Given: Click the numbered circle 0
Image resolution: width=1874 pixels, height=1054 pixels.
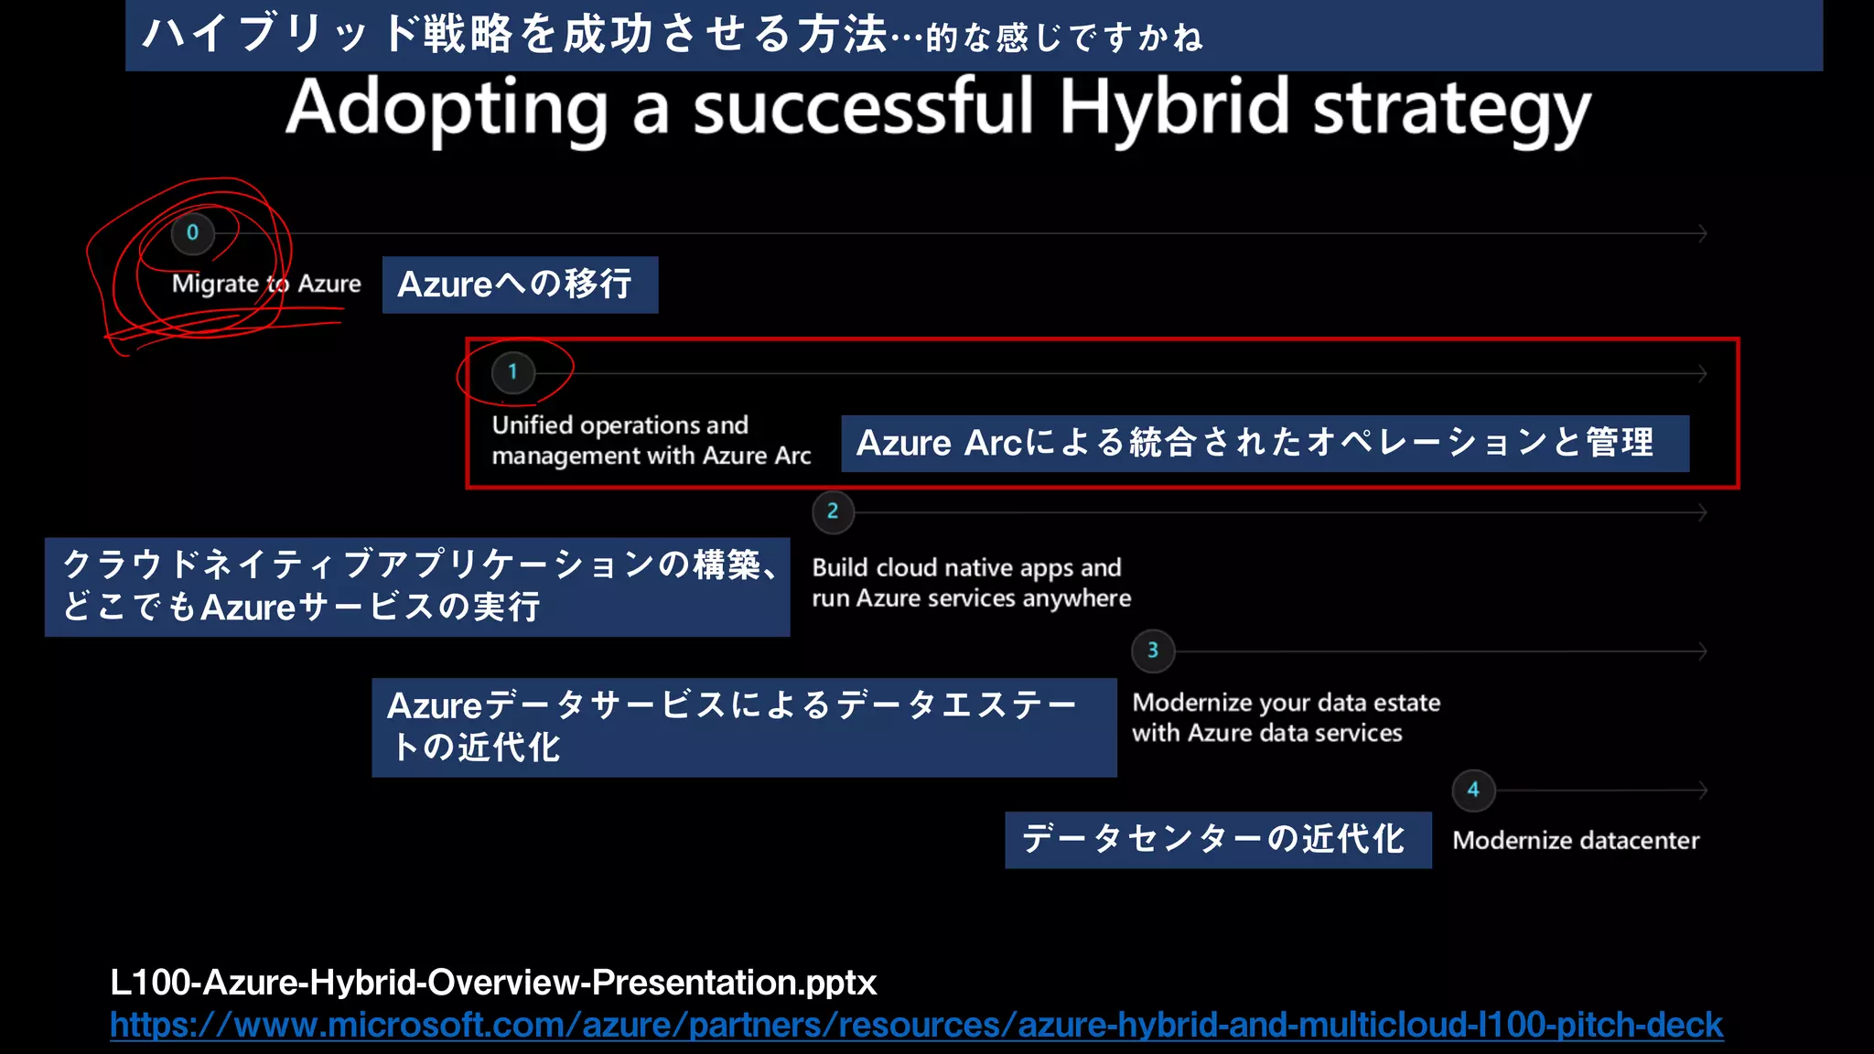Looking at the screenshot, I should click(x=192, y=232).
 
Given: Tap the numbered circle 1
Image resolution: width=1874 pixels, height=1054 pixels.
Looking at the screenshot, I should click(x=512, y=372).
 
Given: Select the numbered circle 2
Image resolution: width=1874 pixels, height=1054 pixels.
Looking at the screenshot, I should click(x=833, y=511).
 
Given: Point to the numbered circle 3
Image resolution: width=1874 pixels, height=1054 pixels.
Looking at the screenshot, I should click(x=1153, y=651).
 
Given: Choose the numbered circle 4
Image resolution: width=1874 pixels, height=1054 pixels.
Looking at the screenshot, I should click(x=1473, y=790).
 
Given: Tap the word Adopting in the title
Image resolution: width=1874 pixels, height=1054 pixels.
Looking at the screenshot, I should click(x=447, y=108).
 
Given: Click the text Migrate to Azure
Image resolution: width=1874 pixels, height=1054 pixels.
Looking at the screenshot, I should click(x=266, y=284).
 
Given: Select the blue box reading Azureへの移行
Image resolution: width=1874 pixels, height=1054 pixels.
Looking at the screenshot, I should click(x=519, y=285).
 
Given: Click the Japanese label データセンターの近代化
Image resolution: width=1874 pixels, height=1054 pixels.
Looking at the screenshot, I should click(x=1217, y=839).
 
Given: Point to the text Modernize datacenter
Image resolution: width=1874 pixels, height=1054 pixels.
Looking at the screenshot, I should click(x=1575, y=840).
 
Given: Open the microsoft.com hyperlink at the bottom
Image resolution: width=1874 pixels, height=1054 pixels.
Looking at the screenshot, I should click(x=915, y=1025).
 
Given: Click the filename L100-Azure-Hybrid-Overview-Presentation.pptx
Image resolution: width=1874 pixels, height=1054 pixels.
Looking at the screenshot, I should click(x=493, y=982).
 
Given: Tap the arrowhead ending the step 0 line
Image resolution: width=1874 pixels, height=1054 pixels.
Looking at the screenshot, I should click(x=1703, y=233).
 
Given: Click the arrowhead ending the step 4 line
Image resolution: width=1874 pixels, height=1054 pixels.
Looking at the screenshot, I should click(x=1703, y=790).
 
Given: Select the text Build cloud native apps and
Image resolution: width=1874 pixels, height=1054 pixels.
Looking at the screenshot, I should click(x=966, y=567).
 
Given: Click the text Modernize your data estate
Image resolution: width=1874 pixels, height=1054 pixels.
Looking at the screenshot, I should click(x=1286, y=703).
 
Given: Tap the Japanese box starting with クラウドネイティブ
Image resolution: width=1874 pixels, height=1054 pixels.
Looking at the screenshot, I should click(x=416, y=586).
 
